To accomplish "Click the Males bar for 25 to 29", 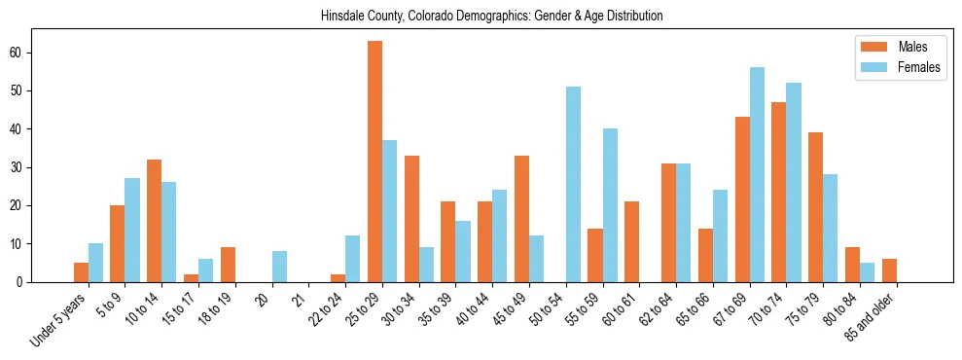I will click(x=374, y=162).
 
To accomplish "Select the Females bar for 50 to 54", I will click(x=573, y=184).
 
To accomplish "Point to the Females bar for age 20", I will click(x=279, y=266).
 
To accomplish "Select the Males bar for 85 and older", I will click(x=889, y=270).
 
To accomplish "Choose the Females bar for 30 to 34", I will click(x=426, y=264).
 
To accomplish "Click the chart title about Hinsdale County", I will click(x=491, y=17).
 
